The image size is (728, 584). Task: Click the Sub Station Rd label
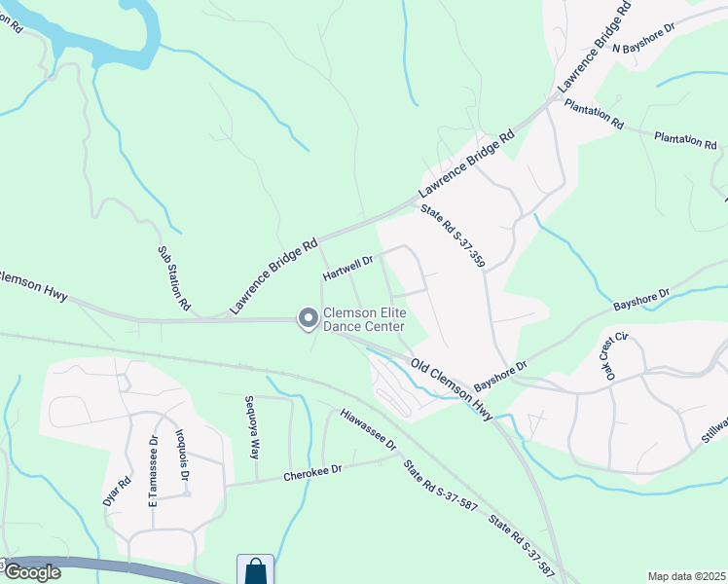(x=174, y=277)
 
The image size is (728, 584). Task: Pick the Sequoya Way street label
(x=252, y=427)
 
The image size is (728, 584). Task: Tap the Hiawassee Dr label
(x=369, y=428)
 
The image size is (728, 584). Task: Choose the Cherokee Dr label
(x=312, y=472)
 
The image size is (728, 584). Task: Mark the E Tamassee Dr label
(x=153, y=464)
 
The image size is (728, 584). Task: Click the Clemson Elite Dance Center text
(x=365, y=320)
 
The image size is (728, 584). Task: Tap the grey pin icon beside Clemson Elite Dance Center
(x=308, y=318)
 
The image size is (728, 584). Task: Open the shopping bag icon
(x=255, y=570)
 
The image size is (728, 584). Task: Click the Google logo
(x=31, y=572)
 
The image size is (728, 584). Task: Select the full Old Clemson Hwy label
(x=452, y=389)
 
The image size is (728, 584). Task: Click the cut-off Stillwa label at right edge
(x=715, y=429)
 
